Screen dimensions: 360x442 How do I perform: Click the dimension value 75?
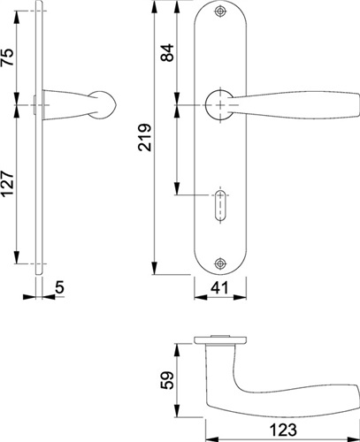[x=8, y=57]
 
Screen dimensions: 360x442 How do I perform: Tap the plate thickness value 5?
[x=59, y=287]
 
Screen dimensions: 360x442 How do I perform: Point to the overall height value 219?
[x=144, y=137]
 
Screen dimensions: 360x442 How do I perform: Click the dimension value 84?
[x=167, y=52]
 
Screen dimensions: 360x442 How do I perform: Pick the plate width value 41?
[x=220, y=288]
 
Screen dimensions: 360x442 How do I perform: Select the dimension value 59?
[x=168, y=380]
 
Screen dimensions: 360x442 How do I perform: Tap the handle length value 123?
[x=283, y=430]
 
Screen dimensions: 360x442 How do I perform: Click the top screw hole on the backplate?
[x=220, y=11]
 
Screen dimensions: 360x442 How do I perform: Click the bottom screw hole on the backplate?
[x=220, y=263]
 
